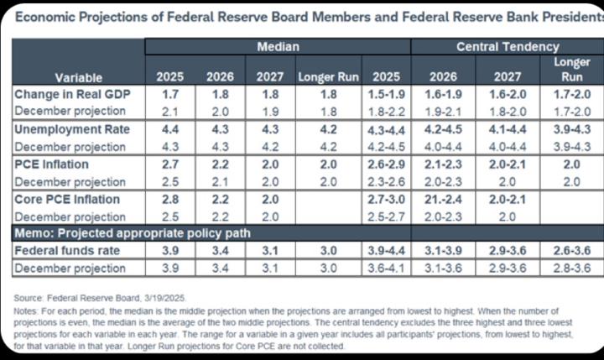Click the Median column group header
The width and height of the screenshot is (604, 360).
point(278,47)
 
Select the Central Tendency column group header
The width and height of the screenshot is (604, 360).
point(507,47)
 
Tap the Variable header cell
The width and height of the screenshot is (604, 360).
point(78,77)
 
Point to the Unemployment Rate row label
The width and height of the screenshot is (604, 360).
point(71,130)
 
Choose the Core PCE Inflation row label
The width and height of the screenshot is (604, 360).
point(67,199)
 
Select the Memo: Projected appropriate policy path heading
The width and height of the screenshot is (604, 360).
point(133,233)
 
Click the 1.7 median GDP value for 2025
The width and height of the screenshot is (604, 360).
point(169,95)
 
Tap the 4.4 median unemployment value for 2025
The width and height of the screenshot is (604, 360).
point(169,130)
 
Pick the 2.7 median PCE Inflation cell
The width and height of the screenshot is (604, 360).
point(169,164)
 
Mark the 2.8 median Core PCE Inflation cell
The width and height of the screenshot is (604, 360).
point(169,199)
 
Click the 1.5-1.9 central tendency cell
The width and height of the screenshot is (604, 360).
point(387,95)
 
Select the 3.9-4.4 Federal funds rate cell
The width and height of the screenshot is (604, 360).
point(387,251)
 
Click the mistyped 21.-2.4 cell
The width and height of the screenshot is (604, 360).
point(445,199)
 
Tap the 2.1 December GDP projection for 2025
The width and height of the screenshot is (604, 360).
point(169,112)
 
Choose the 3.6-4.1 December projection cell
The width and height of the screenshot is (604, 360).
point(387,268)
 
